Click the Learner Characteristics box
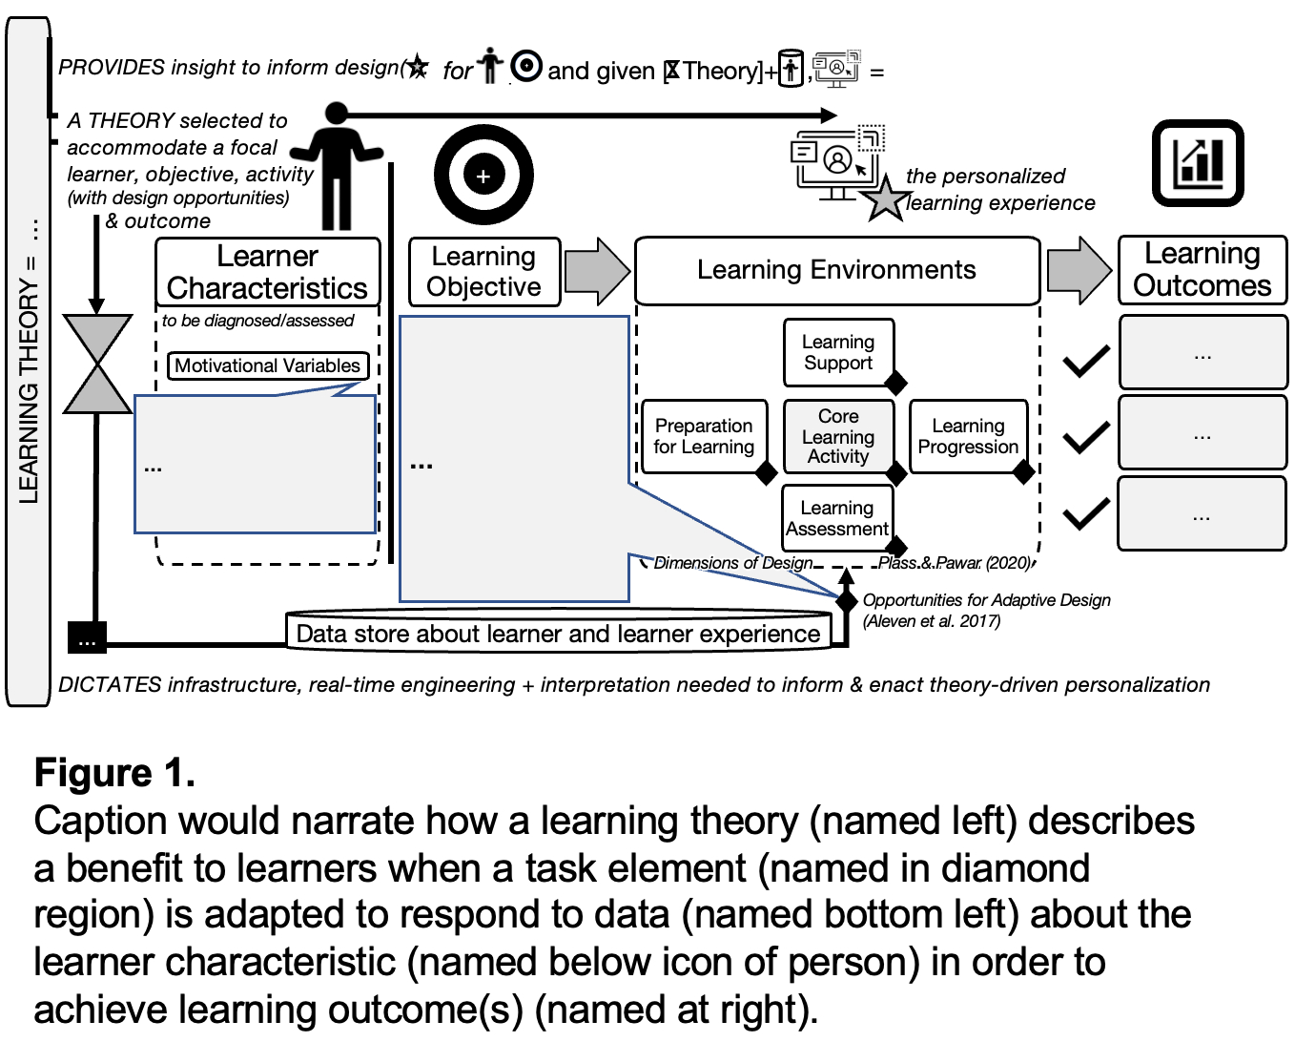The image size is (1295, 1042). [x=267, y=272]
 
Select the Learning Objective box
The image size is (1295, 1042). [x=483, y=272]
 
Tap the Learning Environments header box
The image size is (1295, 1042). [x=836, y=270]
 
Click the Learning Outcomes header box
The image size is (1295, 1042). [x=1202, y=270]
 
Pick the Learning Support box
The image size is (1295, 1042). [x=838, y=352]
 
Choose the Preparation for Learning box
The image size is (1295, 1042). [x=704, y=436]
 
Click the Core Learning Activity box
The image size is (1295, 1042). [x=838, y=436]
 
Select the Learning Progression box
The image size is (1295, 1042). [x=968, y=436]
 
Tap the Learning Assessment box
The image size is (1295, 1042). [x=837, y=518]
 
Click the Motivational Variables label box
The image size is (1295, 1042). [x=267, y=365]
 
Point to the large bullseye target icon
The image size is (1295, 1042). [x=483, y=176]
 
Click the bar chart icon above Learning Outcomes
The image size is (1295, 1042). [x=1198, y=163]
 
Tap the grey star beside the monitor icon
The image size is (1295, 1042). [x=885, y=199]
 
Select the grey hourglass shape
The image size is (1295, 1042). [x=96, y=365]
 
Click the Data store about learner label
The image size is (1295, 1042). [x=558, y=634]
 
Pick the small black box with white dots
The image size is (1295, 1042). [x=87, y=637]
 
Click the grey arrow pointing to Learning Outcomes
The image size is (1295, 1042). [x=1079, y=270]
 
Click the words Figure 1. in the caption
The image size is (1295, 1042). [x=114, y=773]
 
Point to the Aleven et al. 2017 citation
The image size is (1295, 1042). [x=932, y=621]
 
